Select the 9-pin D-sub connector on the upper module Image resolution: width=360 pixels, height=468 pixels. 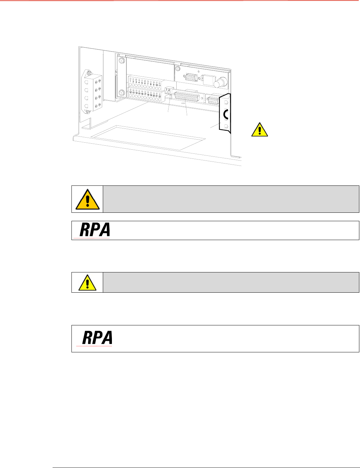tap(191, 77)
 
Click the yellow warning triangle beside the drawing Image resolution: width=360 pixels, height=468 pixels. tap(260, 129)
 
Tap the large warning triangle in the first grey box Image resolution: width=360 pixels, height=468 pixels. tap(87, 199)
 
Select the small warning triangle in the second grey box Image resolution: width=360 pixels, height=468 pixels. tap(87, 283)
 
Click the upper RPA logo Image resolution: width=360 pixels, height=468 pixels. tap(95, 230)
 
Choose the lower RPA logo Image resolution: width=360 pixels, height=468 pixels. tap(97, 338)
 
